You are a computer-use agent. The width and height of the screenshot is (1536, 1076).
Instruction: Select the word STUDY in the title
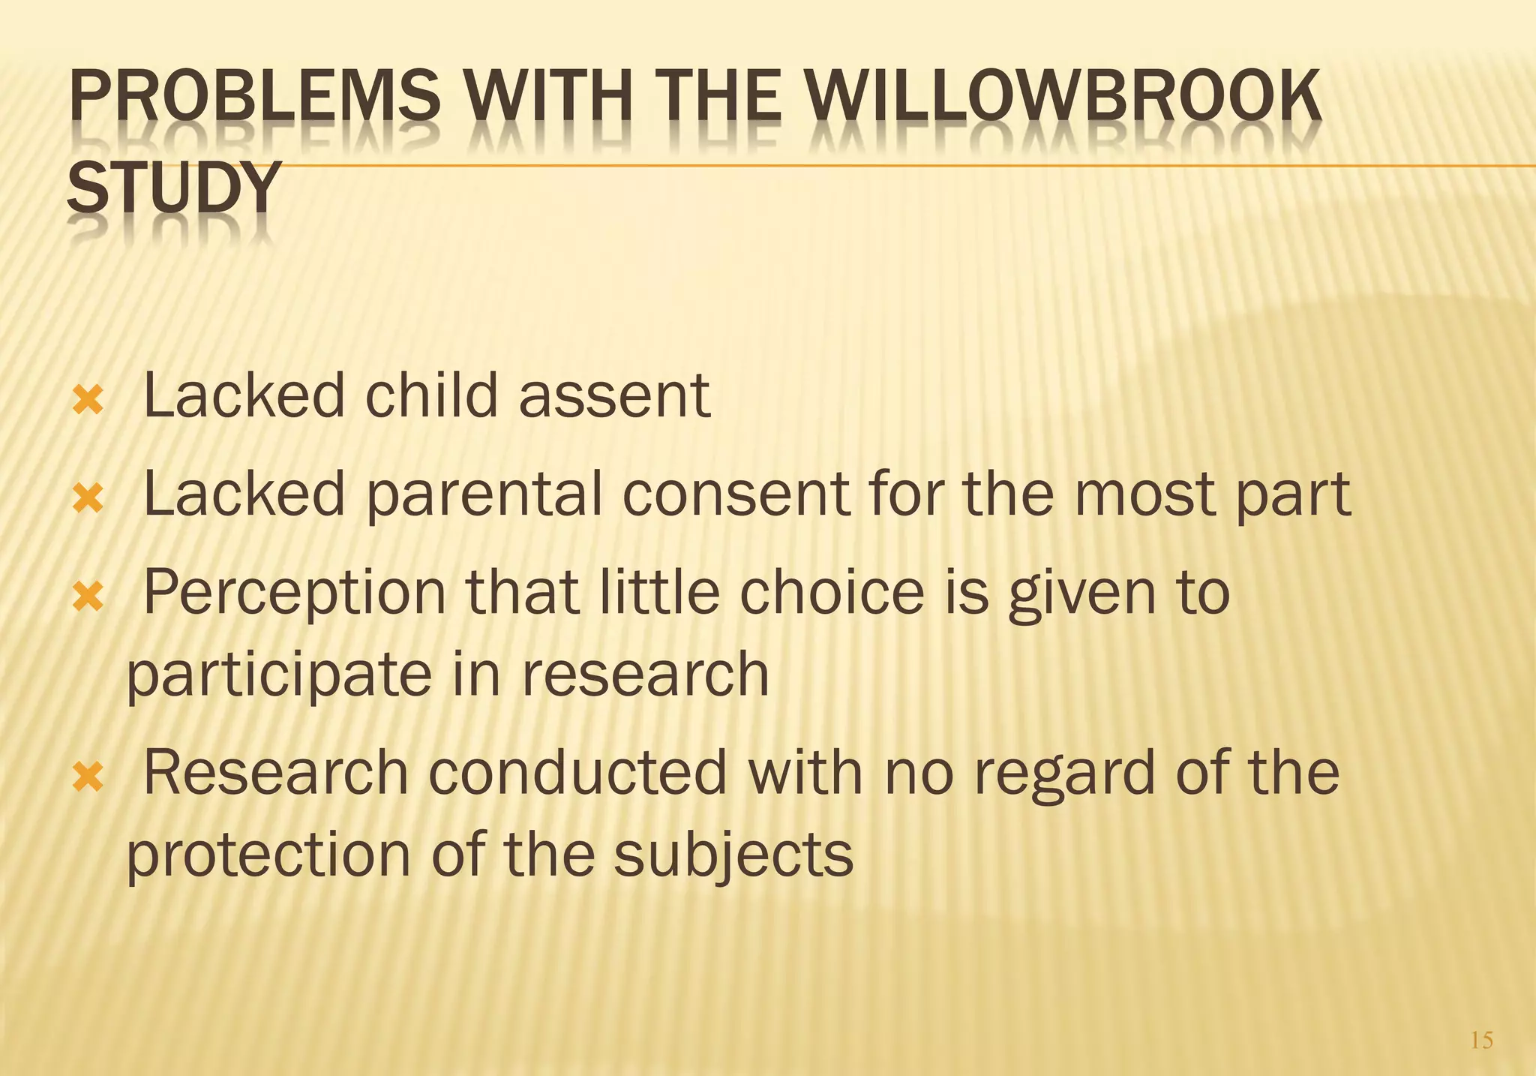coord(174,188)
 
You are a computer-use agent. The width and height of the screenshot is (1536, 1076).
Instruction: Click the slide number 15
coord(1481,1040)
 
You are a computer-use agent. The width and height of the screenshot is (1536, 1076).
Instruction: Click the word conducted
coord(577,773)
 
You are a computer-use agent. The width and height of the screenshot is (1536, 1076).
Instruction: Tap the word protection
coord(268,855)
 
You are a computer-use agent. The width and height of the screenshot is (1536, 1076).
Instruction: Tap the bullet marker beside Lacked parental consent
coord(88,500)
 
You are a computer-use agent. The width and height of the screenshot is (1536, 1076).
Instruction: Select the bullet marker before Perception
coord(88,598)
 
